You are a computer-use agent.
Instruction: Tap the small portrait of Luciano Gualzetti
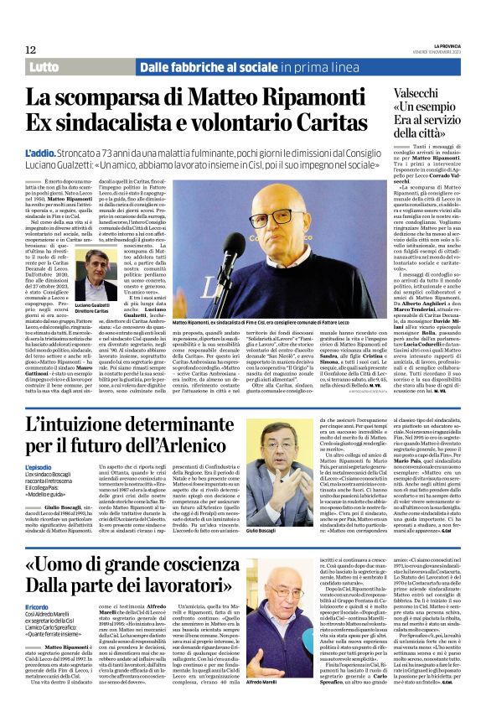click(91, 276)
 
